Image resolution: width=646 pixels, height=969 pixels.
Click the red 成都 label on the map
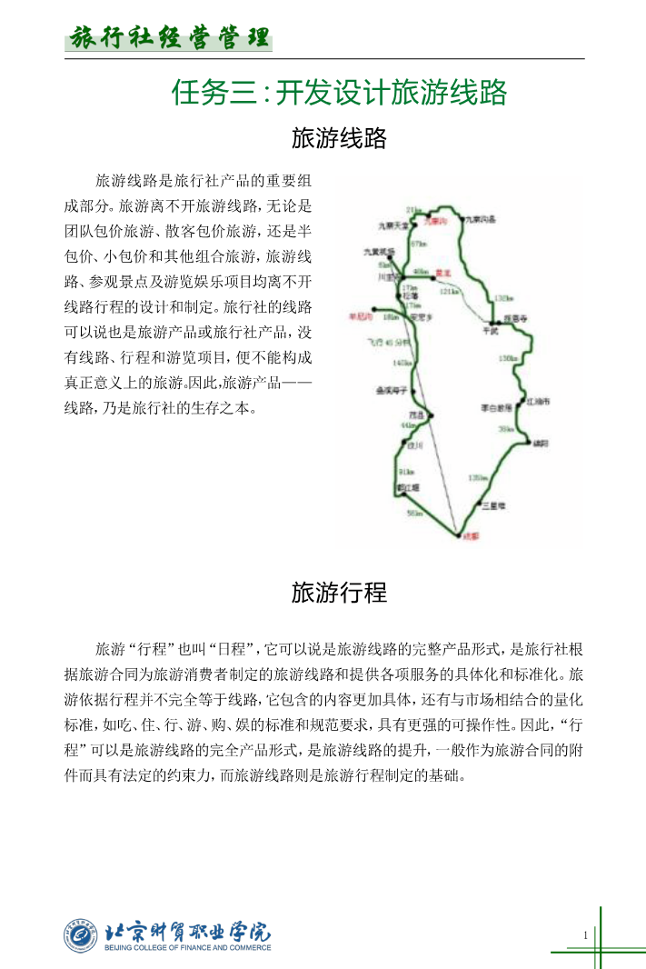[x=471, y=536]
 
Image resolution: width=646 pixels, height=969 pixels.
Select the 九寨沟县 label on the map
[x=480, y=220]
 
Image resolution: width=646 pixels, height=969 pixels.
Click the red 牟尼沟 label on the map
[x=361, y=317]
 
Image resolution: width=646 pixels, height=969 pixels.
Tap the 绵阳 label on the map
[x=541, y=443]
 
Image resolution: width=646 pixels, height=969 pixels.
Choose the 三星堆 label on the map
[x=493, y=504]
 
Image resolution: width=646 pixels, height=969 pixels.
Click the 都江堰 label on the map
[x=408, y=488]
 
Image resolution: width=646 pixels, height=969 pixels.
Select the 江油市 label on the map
[x=539, y=400]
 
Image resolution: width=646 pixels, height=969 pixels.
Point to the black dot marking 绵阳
[x=527, y=442]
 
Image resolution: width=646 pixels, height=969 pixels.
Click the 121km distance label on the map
[x=449, y=292]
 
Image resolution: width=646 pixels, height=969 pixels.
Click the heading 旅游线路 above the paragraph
[x=339, y=139]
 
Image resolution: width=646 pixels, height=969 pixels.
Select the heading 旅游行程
[x=339, y=594]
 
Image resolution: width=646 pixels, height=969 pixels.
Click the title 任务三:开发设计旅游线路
[x=339, y=94]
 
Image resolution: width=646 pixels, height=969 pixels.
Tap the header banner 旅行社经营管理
[x=170, y=38]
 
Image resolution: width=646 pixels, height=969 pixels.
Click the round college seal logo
[x=80, y=935]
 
